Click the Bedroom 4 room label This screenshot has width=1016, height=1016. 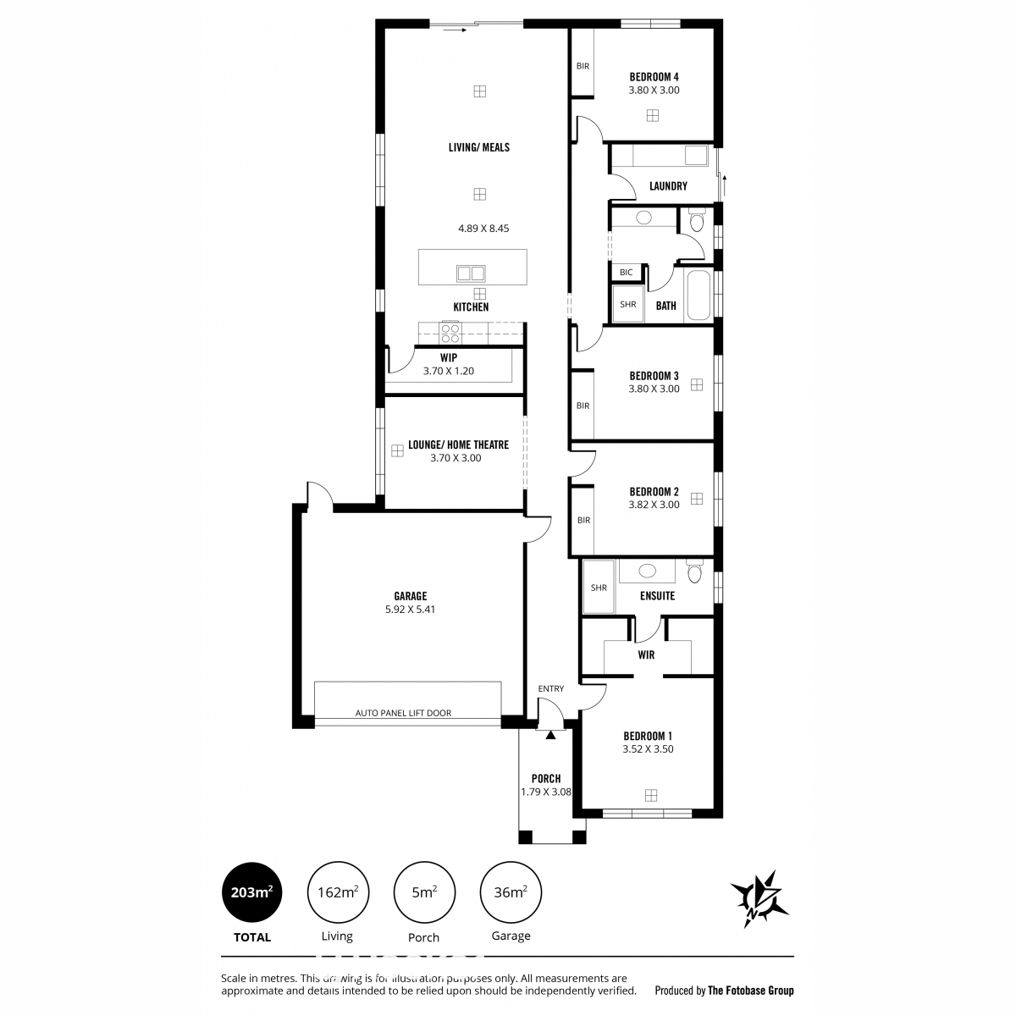tap(654, 77)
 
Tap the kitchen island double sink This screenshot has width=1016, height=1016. tap(471, 273)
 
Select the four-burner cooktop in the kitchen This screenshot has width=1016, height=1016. tap(450, 334)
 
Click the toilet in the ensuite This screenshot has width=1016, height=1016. tap(695, 571)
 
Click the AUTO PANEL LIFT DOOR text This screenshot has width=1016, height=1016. tap(403, 713)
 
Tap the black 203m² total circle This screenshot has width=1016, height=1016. tap(252, 892)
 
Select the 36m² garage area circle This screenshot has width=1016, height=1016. tap(511, 892)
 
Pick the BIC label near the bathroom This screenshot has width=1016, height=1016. tap(626, 273)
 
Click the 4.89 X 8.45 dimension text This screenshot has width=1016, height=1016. tap(483, 229)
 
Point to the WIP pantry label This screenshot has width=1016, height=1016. tap(449, 357)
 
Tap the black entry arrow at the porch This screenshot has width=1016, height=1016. tap(550, 734)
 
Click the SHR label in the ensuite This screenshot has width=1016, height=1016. tap(599, 588)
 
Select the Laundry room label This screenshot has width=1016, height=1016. tap(668, 186)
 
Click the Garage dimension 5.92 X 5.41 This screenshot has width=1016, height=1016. tap(410, 609)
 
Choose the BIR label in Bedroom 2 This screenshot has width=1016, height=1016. tap(583, 520)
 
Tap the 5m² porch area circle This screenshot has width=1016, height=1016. tap(424, 892)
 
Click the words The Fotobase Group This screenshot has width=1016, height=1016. tap(751, 991)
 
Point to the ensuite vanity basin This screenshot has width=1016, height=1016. tap(647, 571)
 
